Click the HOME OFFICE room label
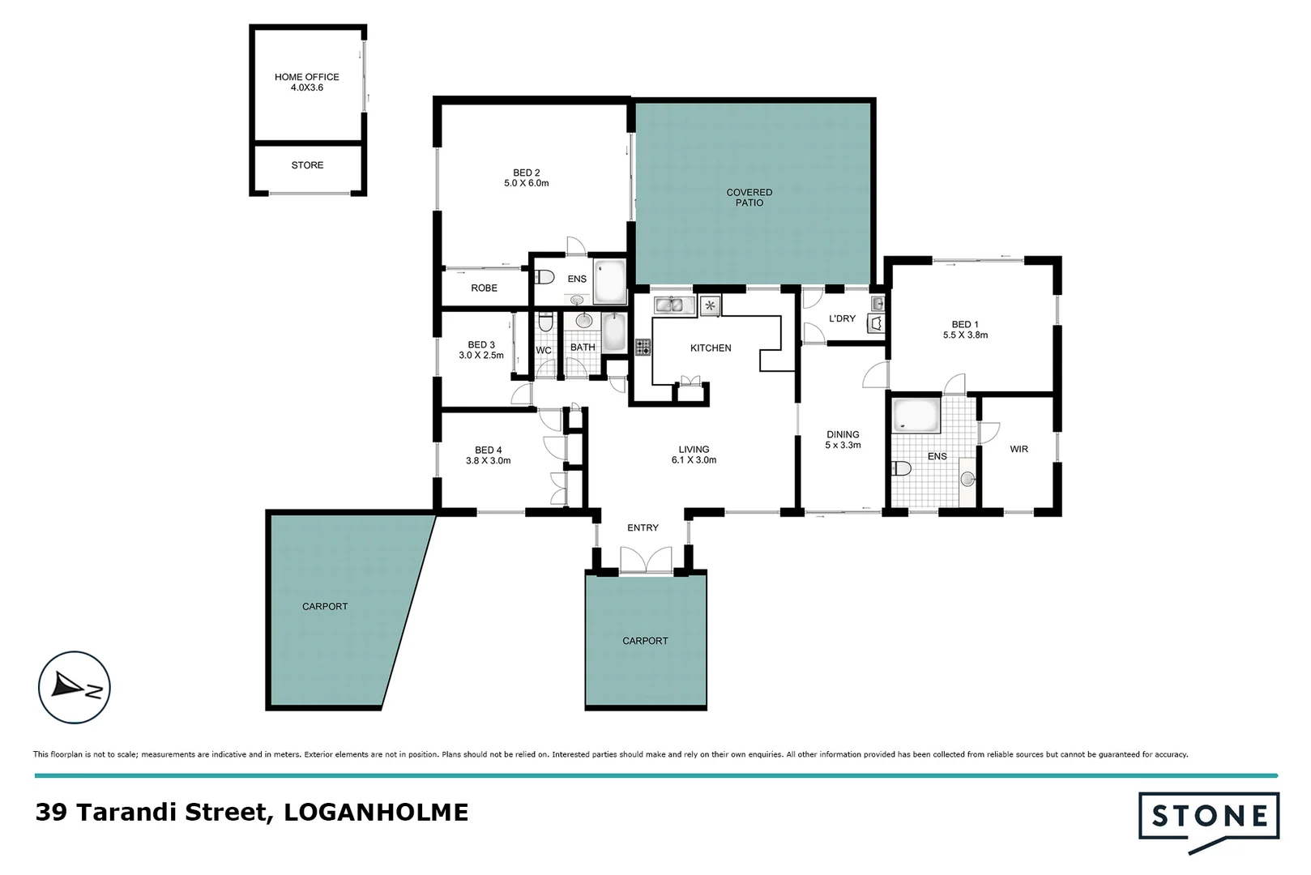point(306,78)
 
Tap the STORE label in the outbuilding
point(307,165)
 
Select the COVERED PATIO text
point(749,197)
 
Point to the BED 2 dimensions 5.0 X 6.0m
point(526,183)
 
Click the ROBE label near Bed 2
point(484,288)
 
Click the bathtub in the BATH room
point(613,332)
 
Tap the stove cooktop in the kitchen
point(643,348)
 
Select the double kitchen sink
point(674,305)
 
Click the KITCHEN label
point(710,348)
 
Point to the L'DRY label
point(842,318)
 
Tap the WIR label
point(1018,449)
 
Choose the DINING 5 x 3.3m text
point(843,440)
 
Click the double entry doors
point(646,560)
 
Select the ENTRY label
point(643,527)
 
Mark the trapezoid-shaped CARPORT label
point(325,606)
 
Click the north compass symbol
point(75,688)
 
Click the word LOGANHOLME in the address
point(376,812)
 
